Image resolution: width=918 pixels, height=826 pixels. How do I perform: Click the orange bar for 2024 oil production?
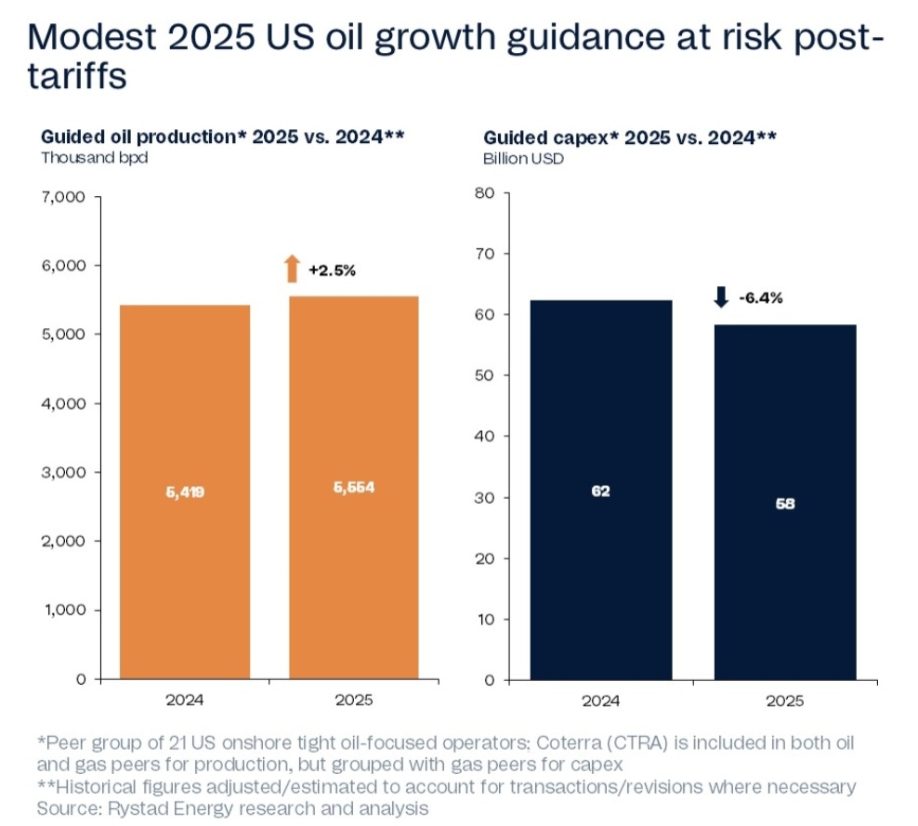pos(185,492)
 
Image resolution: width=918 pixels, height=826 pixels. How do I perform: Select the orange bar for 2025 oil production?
pos(353,488)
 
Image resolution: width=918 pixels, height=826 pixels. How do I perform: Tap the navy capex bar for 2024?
pos(600,490)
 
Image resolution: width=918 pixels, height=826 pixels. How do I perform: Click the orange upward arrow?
pos(292,269)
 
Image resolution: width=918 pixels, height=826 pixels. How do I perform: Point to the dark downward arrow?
pos(721,297)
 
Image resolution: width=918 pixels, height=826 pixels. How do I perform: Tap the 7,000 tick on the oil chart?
pos(64,197)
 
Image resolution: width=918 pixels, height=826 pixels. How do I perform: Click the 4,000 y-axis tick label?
pos(64,403)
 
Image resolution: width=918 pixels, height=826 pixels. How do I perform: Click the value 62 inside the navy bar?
pos(600,491)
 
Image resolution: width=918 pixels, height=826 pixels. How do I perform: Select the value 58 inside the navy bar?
pos(784,504)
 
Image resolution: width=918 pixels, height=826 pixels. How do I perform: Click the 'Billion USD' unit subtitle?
pos(523,157)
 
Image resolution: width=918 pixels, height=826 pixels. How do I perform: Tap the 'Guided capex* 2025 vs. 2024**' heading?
pos(630,138)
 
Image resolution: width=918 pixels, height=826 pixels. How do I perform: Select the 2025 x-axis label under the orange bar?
pos(353,701)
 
